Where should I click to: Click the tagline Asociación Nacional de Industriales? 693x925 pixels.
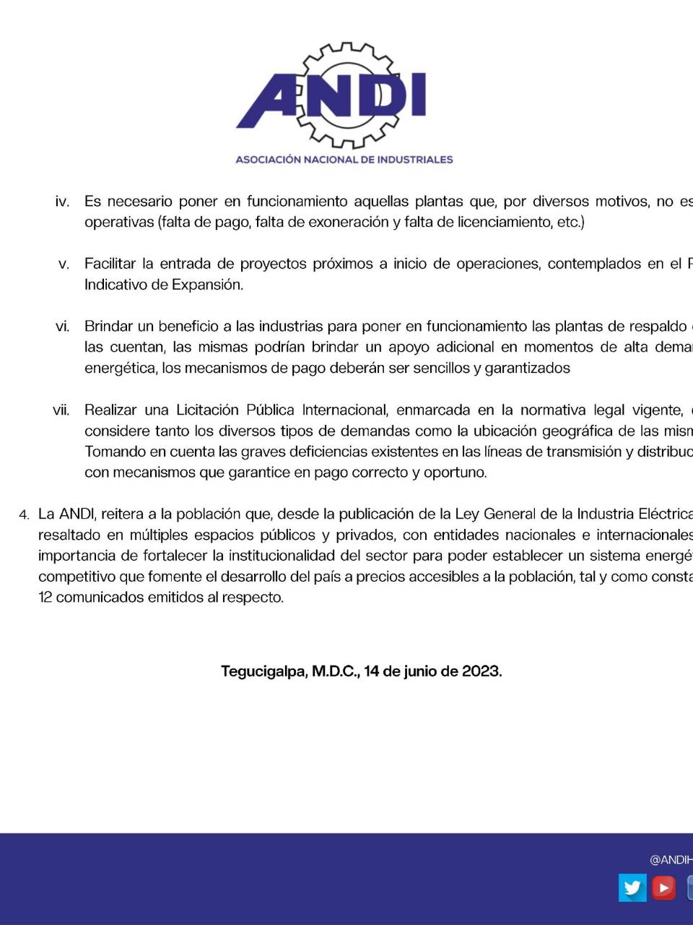coord(344,159)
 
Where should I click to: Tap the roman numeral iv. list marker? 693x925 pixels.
coord(62,202)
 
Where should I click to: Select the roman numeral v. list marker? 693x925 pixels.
coord(64,264)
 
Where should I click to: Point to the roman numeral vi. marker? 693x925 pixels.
coord(62,327)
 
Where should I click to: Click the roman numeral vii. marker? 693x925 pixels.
coord(61,410)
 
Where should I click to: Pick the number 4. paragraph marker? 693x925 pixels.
coord(25,515)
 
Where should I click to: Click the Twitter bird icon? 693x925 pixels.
coord(632,887)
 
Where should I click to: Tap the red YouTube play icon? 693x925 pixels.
coord(664,887)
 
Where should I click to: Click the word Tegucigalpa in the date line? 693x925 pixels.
coord(263,671)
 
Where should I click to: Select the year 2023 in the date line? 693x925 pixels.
coord(480,671)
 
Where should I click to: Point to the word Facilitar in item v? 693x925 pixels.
coord(110,264)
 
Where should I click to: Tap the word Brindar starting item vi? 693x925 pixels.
coord(108,327)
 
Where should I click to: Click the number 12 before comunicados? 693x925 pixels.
coord(45,598)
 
